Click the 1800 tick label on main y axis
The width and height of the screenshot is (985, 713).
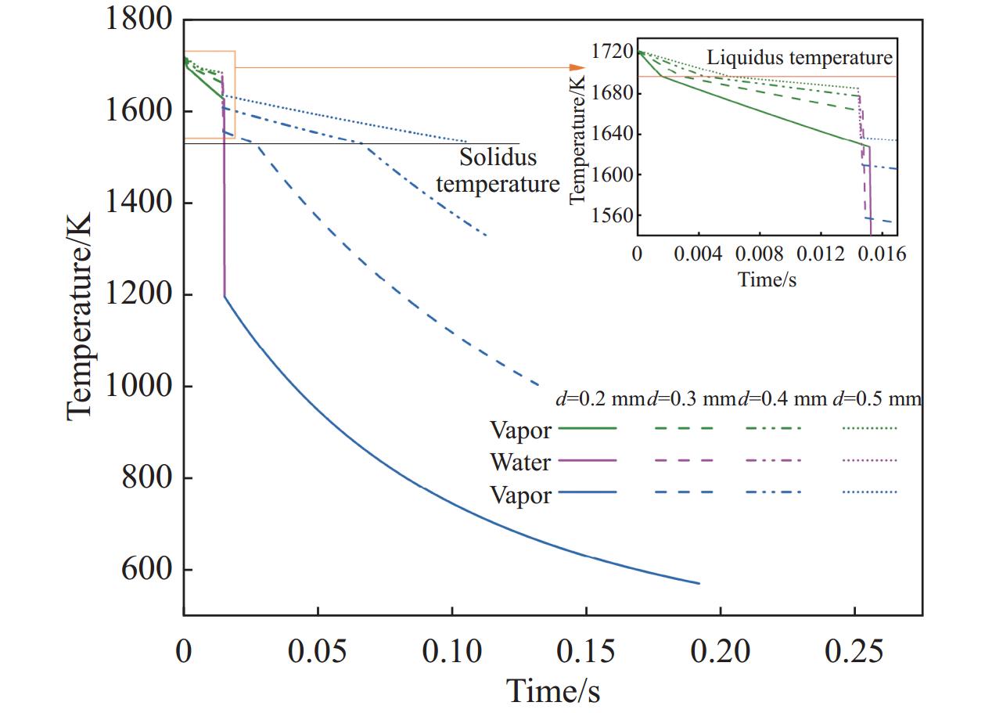[x=138, y=20]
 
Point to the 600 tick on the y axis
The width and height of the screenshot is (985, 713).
[x=146, y=570]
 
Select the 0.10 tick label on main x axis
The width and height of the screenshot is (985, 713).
[x=451, y=651]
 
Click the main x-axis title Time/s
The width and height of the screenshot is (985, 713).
[x=553, y=691]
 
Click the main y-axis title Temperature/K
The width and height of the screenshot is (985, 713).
[x=81, y=316]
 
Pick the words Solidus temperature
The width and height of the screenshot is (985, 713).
[x=498, y=171]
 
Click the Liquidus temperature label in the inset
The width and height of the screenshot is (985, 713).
[x=800, y=57]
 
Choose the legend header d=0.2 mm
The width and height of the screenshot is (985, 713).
[x=599, y=398]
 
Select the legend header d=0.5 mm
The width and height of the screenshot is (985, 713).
[x=876, y=398]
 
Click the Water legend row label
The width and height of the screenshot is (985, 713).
[x=520, y=462]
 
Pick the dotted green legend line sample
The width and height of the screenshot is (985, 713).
[x=870, y=429]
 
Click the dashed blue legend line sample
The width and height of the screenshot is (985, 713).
[x=681, y=492]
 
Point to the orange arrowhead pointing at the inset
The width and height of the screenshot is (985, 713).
[x=578, y=68]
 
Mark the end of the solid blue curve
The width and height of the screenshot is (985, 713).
[x=699, y=583]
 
